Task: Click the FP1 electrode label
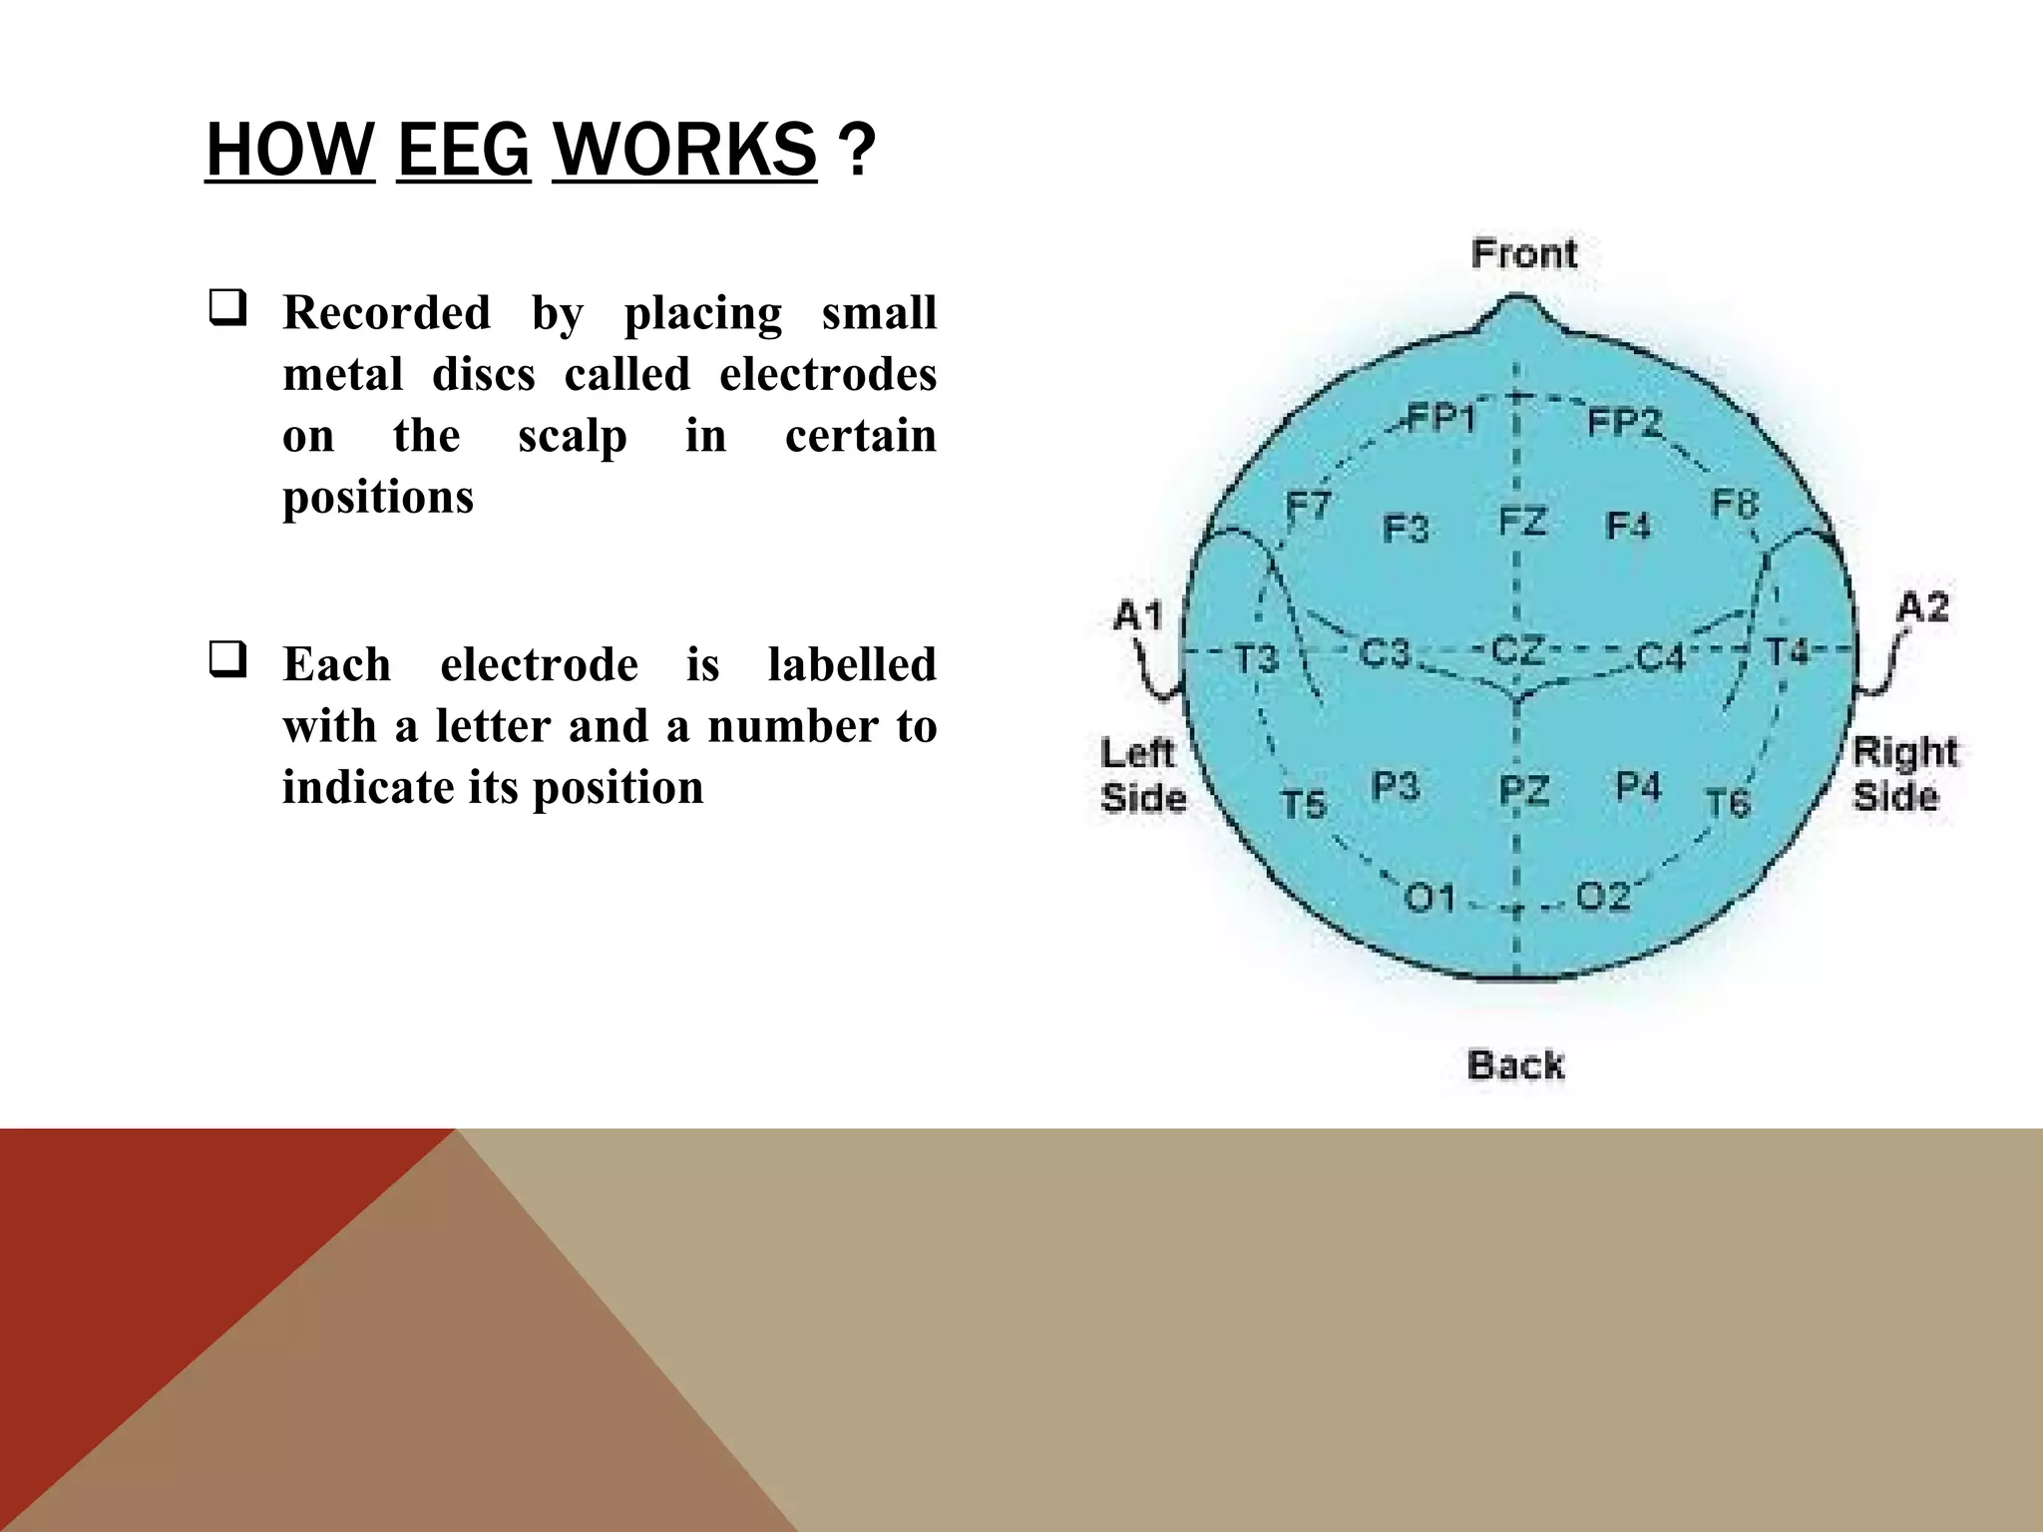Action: (1440, 418)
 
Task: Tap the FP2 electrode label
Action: (1624, 423)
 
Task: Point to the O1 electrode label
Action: (1430, 899)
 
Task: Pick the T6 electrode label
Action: (1728, 802)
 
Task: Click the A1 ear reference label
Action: (1138, 614)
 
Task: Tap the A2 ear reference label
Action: (1922, 606)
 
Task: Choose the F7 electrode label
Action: (1307, 507)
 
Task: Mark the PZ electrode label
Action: (1524, 791)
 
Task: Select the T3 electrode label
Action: (1257, 658)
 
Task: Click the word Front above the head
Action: (1524, 253)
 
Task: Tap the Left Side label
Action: (1143, 775)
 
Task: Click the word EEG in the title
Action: (464, 151)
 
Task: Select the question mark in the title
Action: (857, 151)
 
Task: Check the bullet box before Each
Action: (227, 659)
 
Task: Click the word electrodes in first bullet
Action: (828, 374)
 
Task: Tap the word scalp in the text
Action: (573, 436)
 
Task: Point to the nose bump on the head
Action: (1517, 311)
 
